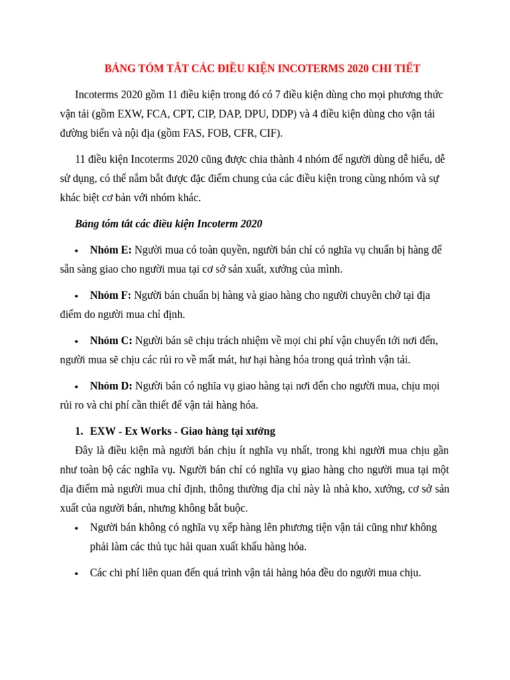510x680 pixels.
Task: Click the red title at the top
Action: [x=262, y=68]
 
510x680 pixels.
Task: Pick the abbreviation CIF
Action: [x=270, y=133]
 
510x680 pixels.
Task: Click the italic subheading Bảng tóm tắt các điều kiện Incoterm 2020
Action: [x=169, y=224]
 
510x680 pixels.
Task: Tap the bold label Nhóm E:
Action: [x=111, y=250]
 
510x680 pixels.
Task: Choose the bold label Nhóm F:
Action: [x=111, y=296]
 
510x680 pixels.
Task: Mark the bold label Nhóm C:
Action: [x=111, y=341]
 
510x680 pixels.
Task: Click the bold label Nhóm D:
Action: [x=111, y=386]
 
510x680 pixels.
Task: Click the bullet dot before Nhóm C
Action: [x=77, y=341]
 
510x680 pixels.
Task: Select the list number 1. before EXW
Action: [x=79, y=431]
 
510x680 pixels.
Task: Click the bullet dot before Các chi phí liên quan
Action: [x=77, y=573]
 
